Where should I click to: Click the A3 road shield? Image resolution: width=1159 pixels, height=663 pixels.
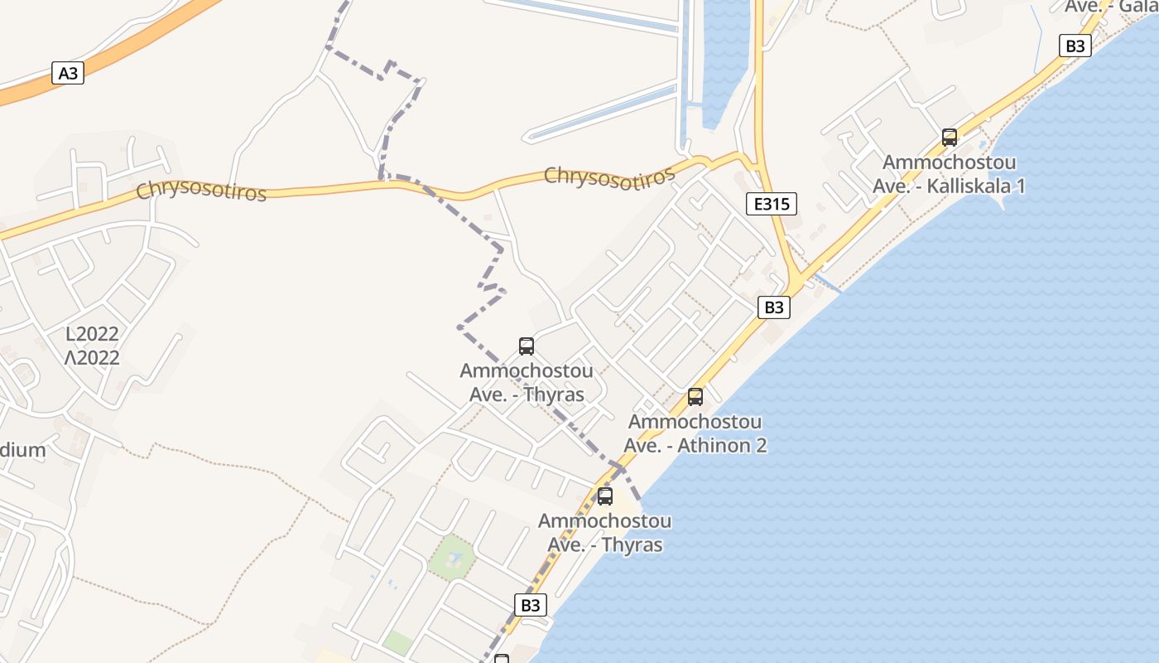[x=68, y=73]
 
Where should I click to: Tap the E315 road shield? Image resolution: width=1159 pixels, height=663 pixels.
[x=771, y=204]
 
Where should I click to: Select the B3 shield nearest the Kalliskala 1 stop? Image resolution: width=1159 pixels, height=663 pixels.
[x=1075, y=46]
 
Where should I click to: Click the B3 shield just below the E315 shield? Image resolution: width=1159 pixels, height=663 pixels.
[x=773, y=307]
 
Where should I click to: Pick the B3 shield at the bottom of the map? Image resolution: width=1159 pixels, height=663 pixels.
[x=531, y=605]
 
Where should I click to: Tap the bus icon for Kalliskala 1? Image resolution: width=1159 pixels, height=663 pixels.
[x=950, y=138]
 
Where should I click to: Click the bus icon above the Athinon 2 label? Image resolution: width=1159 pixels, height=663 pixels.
[x=695, y=397]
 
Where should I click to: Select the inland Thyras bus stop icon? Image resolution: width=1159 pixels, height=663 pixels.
[x=527, y=346]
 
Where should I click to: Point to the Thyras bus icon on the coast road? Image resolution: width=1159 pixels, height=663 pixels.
[x=605, y=496]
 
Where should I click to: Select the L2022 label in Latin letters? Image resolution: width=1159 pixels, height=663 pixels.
[x=93, y=335]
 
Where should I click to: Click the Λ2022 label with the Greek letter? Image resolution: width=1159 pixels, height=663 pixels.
[x=93, y=358]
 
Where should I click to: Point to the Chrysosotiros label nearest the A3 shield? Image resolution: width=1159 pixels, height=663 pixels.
[x=201, y=191]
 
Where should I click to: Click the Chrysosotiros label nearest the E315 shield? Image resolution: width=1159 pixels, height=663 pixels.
[x=608, y=177]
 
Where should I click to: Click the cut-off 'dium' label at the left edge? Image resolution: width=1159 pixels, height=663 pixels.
[x=22, y=451]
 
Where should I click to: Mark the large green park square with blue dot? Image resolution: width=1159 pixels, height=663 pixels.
[x=451, y=558]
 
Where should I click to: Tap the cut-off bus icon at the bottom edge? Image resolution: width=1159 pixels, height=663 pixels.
[x=501, y=659]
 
